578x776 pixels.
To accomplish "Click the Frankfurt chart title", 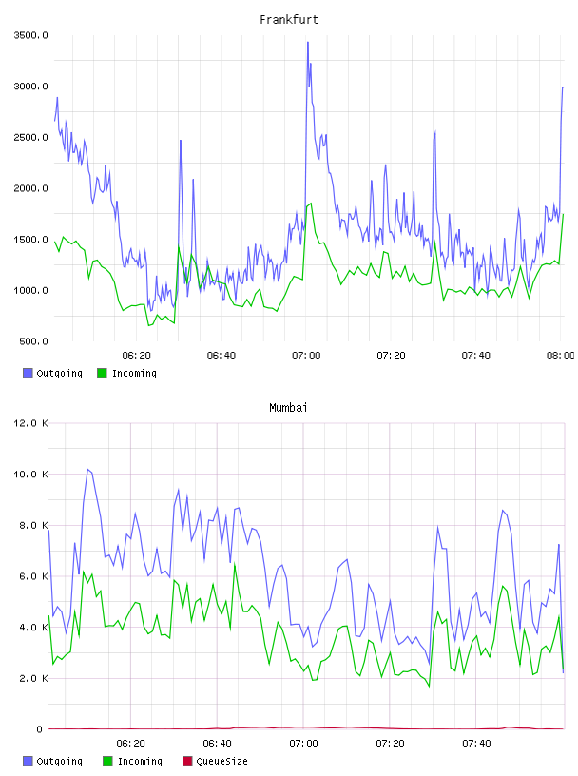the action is (x=289, y=19).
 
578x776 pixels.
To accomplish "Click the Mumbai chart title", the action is (x=288, y=407).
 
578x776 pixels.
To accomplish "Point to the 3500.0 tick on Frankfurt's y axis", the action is (x=31, y=35).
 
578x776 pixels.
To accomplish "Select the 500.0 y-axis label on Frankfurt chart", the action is (x=33, y=341).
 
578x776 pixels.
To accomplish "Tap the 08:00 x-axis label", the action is (x=560, y=355).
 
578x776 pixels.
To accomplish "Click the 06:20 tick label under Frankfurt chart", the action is (x=136, y=355).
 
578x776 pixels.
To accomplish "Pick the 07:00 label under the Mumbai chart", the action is (x=303, y=743).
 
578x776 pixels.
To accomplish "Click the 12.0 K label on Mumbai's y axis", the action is (x=30, y=423).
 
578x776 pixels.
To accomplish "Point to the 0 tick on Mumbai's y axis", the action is (x=39, y=729).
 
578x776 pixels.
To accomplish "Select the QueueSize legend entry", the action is (x=222, y=761).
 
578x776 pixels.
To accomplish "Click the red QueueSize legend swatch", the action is (x=187, y=761).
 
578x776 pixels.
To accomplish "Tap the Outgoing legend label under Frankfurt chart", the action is (x=59, y=373).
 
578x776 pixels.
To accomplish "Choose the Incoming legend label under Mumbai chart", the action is (x=140, y=761).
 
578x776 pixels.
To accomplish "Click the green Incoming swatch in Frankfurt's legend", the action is (x=102, y=373).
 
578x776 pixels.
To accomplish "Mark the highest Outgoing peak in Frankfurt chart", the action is (x=308, y=43).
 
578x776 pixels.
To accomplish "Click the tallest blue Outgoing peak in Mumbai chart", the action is (x=87, y=469).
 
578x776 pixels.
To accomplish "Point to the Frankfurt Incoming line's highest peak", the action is (x=311, y=203).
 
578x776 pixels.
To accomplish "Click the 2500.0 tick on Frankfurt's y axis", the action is (x=31, y=137).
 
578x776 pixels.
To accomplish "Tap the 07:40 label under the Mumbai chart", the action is (x=476, y=743).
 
